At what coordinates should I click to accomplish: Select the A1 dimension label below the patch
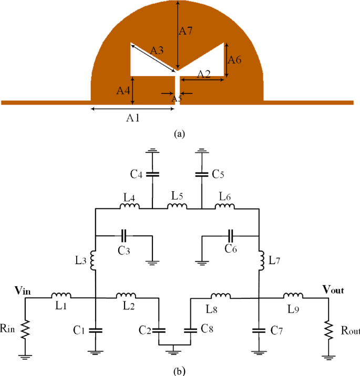point(133,118)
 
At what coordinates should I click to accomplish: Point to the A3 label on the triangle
point(157,50)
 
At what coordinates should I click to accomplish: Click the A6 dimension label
point(234,60)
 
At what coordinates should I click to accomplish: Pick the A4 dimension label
point(123,90)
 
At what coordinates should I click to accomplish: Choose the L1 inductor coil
point(61,296)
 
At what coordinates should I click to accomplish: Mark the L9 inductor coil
point(293,296)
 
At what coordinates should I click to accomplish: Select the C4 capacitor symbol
point(152,173)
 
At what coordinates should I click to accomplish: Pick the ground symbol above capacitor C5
point(201,153)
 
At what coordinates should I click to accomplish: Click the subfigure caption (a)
point(180,134)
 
